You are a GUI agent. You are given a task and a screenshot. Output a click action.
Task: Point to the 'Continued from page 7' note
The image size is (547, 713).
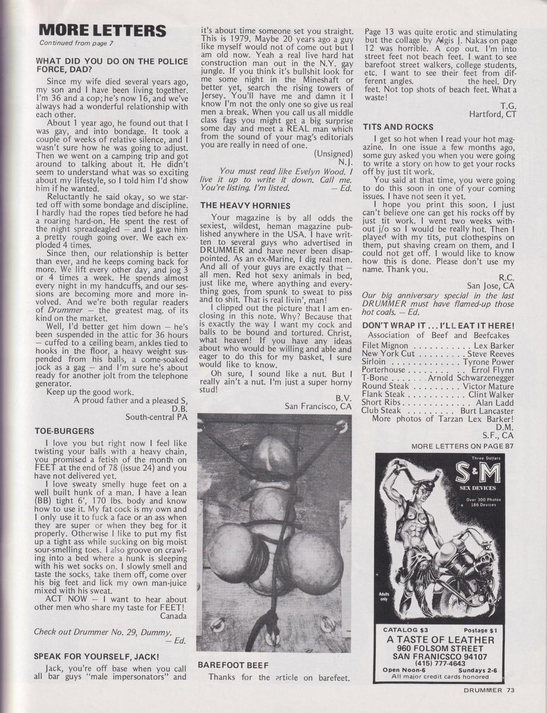tap(77, 43)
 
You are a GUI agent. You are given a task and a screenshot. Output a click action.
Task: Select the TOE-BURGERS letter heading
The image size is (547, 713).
tap(65, 431)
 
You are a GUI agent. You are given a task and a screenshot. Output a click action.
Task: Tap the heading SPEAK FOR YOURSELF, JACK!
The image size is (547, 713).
tap(96, 656)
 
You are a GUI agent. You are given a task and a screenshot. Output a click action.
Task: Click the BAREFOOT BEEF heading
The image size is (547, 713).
tap(233, 665)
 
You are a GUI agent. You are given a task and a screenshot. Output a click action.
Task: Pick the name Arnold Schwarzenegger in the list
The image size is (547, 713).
tap(470, 378)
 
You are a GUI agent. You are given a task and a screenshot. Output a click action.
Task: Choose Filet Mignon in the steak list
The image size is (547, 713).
tap(385, 346)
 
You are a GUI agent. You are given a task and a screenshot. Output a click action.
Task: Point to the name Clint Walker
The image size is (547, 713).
tap(491, 394)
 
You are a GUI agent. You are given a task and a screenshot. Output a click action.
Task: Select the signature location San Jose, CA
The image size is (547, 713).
tap(491, 285)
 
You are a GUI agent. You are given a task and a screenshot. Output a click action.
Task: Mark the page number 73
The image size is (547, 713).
tap(510, 690)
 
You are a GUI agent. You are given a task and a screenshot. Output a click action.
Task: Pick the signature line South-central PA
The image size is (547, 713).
tap(156, 417)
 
